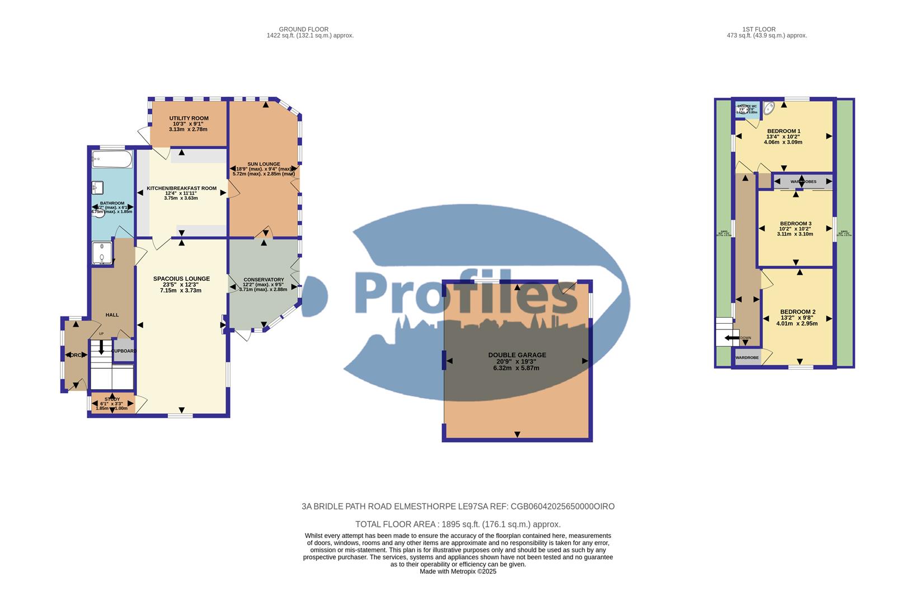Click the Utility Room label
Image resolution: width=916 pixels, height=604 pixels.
[x=189, y=119]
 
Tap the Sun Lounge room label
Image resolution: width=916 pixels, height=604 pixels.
[x=264, y=164]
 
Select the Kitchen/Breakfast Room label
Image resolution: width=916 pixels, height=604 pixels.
[x=181, y=188]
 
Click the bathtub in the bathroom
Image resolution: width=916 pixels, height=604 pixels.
[x=112, y=159]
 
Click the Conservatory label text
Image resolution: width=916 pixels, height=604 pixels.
[x=264, y=280]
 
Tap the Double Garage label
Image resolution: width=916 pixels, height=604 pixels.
[x=516, y=355]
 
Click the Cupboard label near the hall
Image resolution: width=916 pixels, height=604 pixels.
[x=124, y=351]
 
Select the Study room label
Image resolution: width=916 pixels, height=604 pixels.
[x=112, y=399]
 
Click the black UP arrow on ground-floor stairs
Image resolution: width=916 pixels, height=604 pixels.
[x=101, y=347]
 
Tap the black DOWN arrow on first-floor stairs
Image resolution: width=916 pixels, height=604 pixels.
[x=731, y=338]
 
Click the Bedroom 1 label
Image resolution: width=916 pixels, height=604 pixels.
[x=783, y=131]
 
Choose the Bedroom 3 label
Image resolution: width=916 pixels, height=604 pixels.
[x=795, y=224]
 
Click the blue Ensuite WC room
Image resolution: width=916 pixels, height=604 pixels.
[x=746, y=109]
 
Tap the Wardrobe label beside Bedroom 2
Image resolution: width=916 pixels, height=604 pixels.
[x=746, y=357]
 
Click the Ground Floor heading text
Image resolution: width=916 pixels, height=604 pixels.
[x=303, y=29]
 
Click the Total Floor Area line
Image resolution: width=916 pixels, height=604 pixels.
[x=458, y=525]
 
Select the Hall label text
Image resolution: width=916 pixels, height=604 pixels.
[x=112, y=315]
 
